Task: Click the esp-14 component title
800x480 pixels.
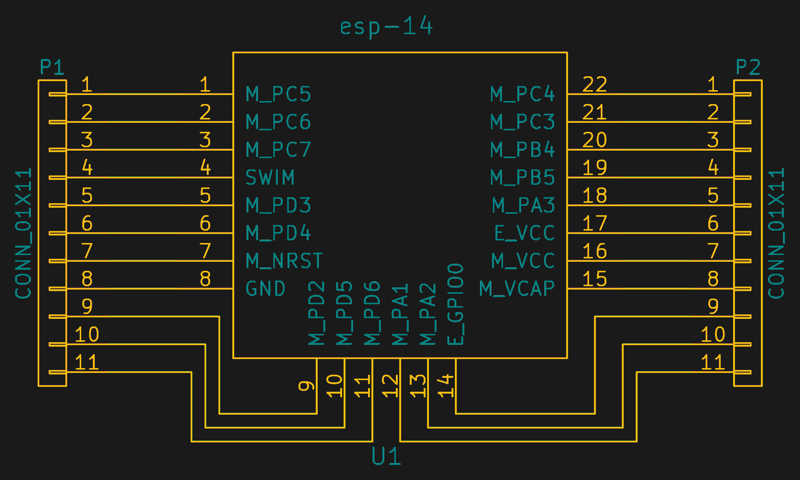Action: [x=386, y=26]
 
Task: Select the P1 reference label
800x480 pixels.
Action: [x=52, y=68]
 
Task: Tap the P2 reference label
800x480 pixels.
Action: [x=748, y=68]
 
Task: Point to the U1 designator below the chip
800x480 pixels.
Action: [x=386, y=456]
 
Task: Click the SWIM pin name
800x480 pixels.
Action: [x=270, y=177]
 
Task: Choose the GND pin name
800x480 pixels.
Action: [x=265, y=288]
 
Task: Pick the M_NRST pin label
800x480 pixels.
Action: [x=284, y=261]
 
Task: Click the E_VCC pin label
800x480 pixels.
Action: [x=524, y=233]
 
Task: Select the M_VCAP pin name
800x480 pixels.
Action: [x=517, y=288]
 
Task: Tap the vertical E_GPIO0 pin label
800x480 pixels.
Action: [x=455, y=304]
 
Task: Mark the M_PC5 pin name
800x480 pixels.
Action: [x=278, y=94]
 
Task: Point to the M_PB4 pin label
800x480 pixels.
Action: [x=523, y=149]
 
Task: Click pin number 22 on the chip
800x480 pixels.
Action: [x=594, y=84]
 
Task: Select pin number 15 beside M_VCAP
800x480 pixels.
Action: [x=594, y=279]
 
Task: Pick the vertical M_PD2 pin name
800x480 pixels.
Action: [x=316, y=313]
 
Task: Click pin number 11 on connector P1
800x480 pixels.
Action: [x=87, y=362]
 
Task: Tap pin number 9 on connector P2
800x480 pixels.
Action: [x=713, y=306]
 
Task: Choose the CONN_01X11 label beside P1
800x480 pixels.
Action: [x=23, y=233]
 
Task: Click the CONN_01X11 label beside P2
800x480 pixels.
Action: [x=776, y=233]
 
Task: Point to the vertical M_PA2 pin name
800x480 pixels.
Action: [x=427, y=314]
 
